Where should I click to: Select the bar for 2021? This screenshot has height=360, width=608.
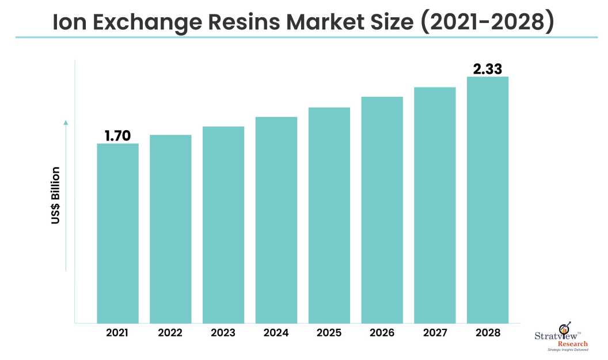click(x=117, y=233)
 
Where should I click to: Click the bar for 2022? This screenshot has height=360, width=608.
click(x=170, y=229)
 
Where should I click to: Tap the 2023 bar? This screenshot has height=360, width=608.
click(x=223, y=224)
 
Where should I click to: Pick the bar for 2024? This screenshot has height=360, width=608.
click(x=276, y=219)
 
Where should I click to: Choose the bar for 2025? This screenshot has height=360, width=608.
click(x=329, y=215)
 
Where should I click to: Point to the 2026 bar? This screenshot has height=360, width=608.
click(x=382, y=210)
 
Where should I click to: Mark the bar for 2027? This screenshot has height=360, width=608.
click(x=435, y=204)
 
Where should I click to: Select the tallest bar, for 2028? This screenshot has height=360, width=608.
click(x=488, y=199)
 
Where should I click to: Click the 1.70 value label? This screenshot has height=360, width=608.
click(x=117, y=136)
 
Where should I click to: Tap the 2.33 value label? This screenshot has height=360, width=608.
click(x=488, y=69)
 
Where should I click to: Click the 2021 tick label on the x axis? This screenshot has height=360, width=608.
click(x=117, y=333)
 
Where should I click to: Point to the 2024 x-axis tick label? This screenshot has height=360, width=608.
click(x=276, y=333)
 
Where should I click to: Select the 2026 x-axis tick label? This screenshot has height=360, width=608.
click(x=382, y=333)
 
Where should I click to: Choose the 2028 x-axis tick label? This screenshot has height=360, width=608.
click(x=488, y=333)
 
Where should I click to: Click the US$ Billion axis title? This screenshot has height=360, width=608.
click(x=56, y=196)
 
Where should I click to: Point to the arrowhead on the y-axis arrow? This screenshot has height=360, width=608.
click(x=66, y=122)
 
